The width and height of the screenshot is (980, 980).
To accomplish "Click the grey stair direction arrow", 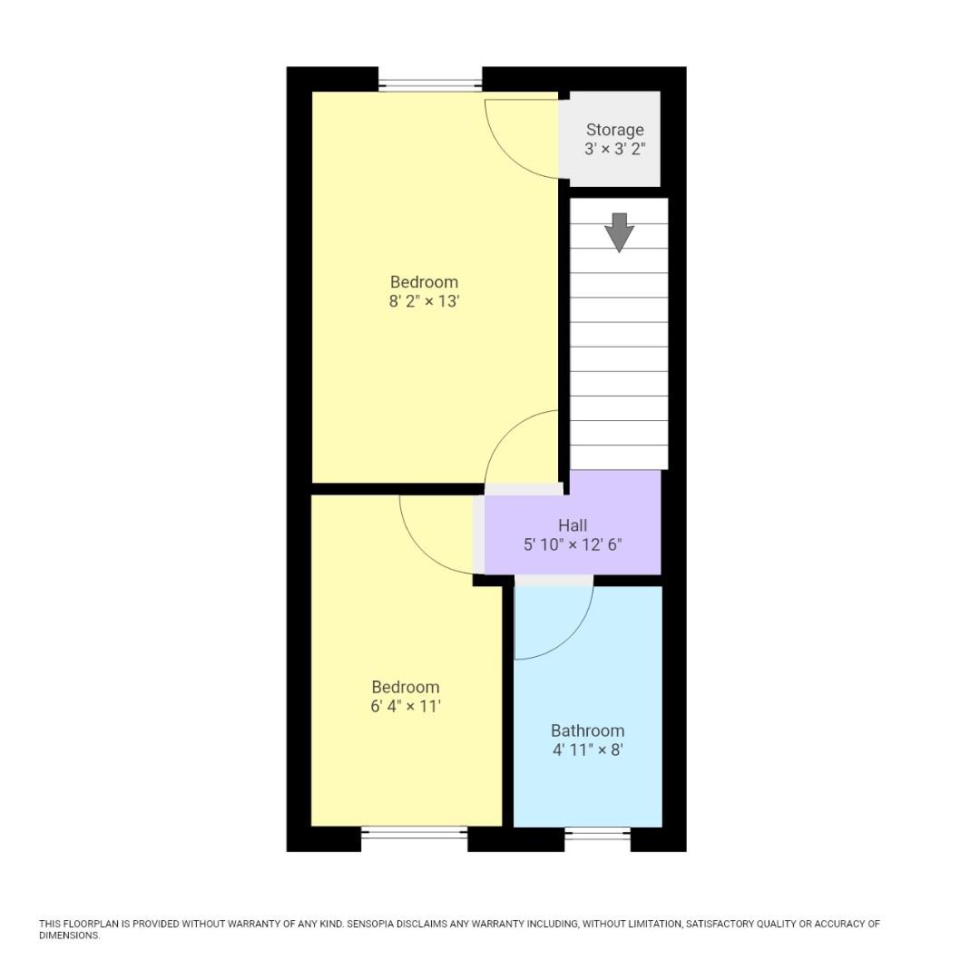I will (x=619, y=231).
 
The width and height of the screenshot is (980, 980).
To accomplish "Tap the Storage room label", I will (x=614, y=130).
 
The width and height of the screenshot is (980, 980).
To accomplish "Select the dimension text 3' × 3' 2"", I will (x=614, y=149).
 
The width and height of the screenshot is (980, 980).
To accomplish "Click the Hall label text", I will (x=573, y=525).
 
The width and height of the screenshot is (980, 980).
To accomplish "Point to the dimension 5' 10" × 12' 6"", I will (x=573, y=545).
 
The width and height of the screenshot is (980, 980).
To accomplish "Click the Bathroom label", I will (x=587, y=730).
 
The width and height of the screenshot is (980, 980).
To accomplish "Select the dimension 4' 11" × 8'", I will (x=587, y=750).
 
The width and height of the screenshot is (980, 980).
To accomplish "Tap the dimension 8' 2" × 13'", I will (x=424, y=301).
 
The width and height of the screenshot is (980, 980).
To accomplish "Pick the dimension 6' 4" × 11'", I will (x=405, y=707).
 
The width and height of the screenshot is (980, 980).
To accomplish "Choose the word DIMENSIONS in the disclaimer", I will (x=69, y=936).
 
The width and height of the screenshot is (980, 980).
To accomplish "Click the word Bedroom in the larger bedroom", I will (x=424, y=281).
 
